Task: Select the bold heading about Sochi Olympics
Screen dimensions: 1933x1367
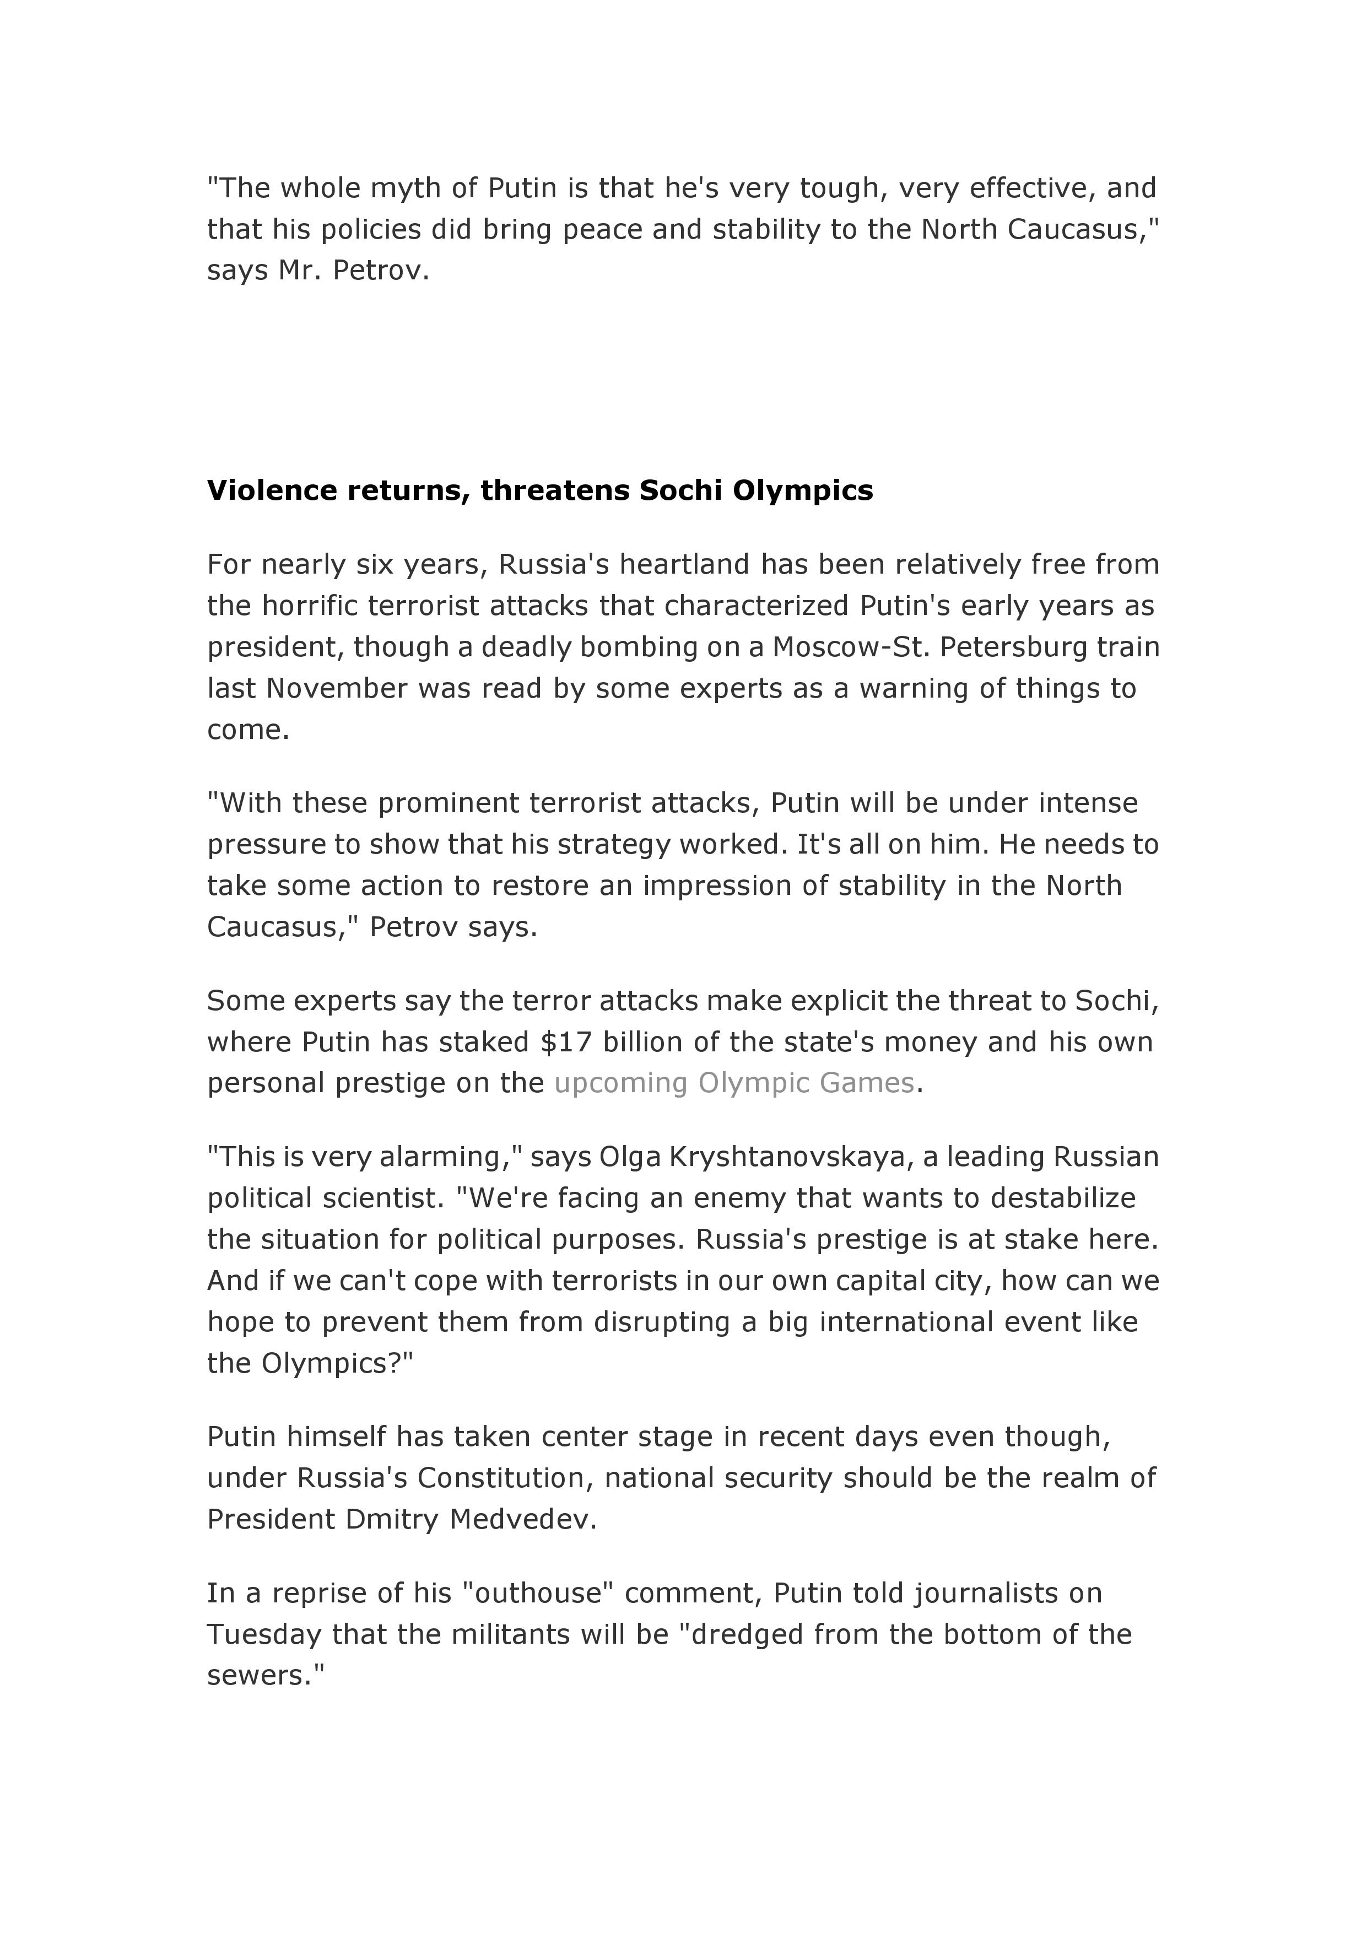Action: coord(539,490)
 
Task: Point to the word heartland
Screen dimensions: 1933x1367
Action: coord(684,564)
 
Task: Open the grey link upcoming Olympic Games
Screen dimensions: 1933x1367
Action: coord(734,1083)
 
